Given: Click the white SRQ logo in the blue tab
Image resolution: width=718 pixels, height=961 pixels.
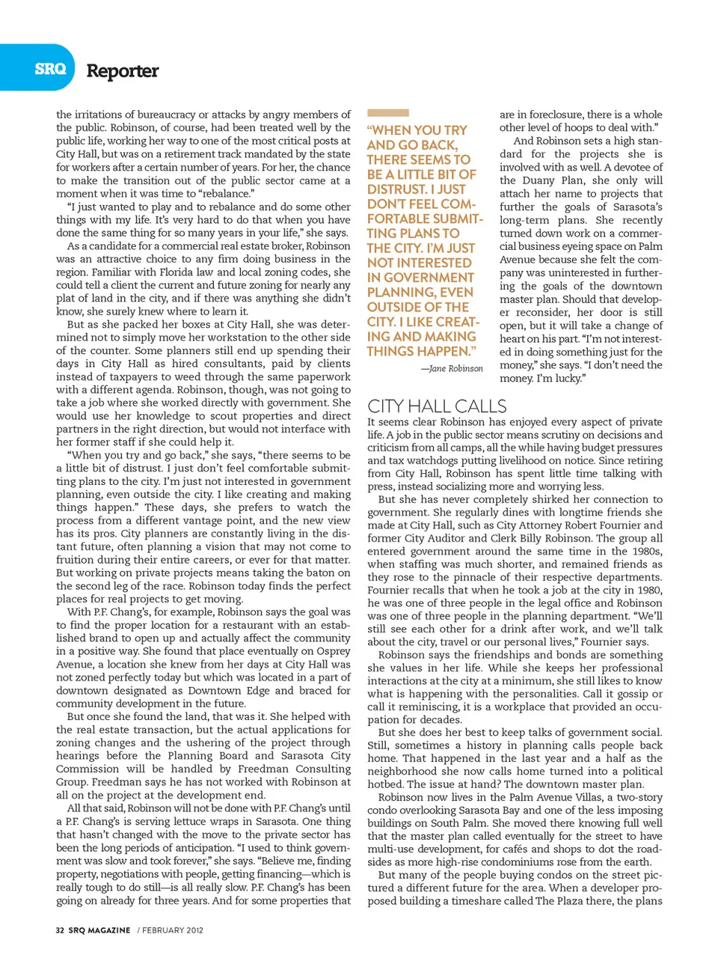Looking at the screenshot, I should point(49,69).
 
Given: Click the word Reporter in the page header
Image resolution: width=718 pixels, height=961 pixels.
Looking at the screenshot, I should point(123,71).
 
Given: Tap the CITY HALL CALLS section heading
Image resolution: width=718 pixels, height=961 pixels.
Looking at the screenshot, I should point(437,406).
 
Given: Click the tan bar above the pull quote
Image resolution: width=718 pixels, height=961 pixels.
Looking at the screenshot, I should point(387,113).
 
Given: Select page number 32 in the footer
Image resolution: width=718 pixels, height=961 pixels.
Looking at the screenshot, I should point(60,930).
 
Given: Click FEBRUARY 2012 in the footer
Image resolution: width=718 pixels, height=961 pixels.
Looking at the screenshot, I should point(173,930).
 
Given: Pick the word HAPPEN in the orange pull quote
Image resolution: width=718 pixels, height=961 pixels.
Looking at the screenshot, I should point(441,351).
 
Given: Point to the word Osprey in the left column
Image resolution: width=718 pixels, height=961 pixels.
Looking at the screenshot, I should point(334,651).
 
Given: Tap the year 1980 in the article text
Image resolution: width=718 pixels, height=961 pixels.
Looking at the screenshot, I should point(648,591).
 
